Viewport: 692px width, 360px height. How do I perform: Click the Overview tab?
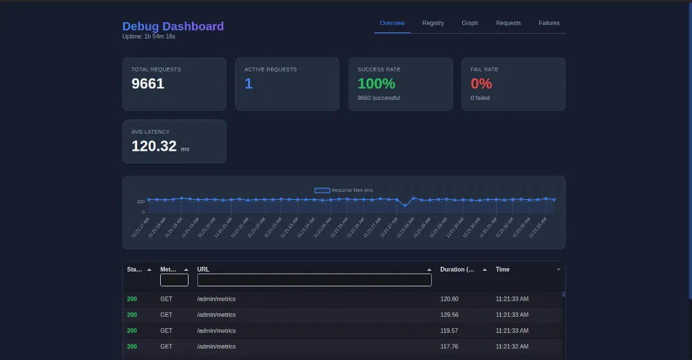[x=392, y=23]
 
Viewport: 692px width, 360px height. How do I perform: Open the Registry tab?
[x=433, y=23]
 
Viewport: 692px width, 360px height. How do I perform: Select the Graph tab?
[x=470, y=23]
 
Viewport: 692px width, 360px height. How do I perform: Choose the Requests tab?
[x=508, y=23]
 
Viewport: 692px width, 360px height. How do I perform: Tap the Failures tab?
[x=549, y=23]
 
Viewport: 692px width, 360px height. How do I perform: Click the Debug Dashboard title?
[x=173, y=26]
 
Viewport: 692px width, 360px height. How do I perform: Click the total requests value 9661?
[x=148, y=84]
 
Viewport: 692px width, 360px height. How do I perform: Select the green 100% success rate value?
[x=376, y=84]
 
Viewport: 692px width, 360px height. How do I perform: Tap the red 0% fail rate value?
[x=481, y=84]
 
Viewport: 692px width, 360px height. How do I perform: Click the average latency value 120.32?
[x=154, y=146]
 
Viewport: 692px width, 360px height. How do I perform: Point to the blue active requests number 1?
[x=249, y=84]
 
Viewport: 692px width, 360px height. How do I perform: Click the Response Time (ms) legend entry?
[x=344, y=190]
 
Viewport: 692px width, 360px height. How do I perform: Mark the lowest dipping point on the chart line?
[x=405, y=205]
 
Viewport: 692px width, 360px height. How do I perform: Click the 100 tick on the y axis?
[x=141, y=201]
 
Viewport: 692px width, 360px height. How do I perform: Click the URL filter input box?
[x=314, y=280]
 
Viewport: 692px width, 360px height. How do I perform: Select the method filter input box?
[x=174, y=280]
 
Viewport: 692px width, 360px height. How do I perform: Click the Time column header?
[x=503, y=269]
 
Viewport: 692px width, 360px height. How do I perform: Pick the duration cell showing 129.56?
[x=449, y=315]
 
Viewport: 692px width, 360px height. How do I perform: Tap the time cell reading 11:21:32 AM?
[x=512, y=346]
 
